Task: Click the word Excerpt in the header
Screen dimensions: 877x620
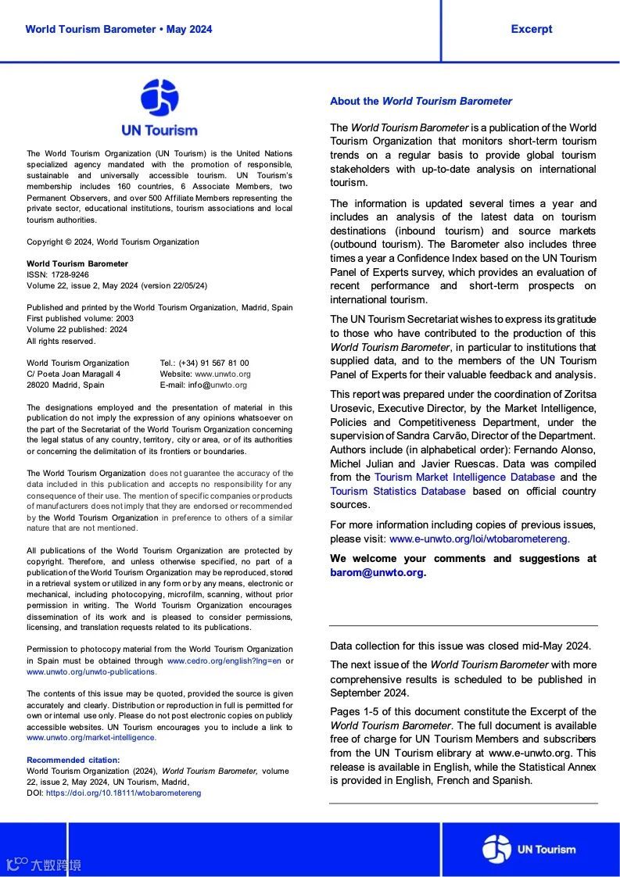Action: coord(531,30)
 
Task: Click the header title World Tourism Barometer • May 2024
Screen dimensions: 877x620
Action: coord(118,30)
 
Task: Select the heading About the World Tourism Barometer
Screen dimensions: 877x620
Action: coord(421,101)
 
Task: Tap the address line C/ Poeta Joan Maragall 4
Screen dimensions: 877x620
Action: coord(73,374)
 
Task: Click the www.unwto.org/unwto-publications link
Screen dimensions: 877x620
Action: coord(91,671)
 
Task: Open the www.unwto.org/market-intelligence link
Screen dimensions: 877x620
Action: coord(91,737)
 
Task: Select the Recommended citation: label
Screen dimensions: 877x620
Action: coord(73,760)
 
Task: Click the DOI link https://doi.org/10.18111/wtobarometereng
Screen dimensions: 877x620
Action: coord(124,793)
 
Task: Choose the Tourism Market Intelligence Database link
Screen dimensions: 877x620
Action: coord(464,477)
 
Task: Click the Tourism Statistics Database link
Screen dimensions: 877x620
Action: coord(397,491)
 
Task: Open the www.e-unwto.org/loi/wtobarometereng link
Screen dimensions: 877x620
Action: coord(479,539)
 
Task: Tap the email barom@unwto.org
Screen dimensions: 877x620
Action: coord(376,572)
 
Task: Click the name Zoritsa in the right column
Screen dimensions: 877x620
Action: coord(579,394)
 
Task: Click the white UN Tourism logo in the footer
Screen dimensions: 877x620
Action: coord(529,849)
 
